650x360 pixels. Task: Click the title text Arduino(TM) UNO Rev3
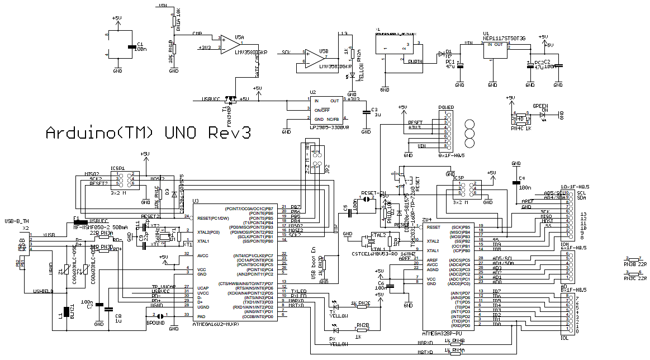(148, 133)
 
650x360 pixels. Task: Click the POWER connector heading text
(446, 106)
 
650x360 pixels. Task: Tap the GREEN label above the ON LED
(540, 106)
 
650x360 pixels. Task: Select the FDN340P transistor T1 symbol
(229, 101)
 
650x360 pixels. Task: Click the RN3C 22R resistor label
(634, 277)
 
